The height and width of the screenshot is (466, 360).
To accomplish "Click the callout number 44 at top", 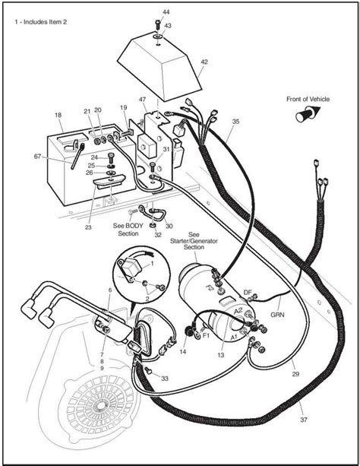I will click(166, 13).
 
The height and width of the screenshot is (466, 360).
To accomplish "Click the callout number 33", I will click(165, 377).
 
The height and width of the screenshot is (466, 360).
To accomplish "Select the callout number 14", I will click(182, 352).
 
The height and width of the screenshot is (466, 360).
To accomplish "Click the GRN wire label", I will click(277, 313).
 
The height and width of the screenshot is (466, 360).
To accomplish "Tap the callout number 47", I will click(142, 100).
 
